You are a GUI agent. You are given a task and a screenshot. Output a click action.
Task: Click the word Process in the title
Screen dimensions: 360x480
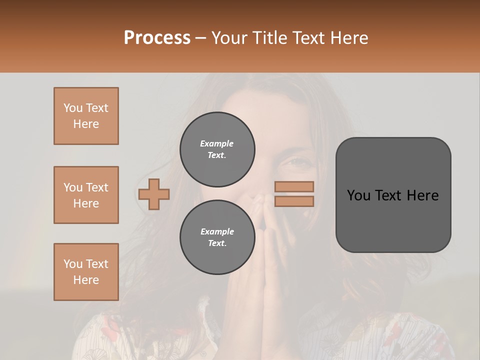pyautogui.click(x=157, y=38)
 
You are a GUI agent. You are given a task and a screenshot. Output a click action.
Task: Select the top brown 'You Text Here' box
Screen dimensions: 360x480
pyautogui.click(x=86, y=116)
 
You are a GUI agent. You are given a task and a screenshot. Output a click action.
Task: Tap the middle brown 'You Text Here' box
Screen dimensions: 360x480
pyautogui.click(x=86, y=195)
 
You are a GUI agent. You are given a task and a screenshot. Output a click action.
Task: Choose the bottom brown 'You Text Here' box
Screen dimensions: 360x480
pyautogui.click(x=86, y=272)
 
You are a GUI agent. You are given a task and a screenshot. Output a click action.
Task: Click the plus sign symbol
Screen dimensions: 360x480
pyautogui.click(x=154, y=194)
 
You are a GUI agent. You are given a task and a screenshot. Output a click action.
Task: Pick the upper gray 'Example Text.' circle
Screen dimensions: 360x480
pyautogui.click(x=217, y=149)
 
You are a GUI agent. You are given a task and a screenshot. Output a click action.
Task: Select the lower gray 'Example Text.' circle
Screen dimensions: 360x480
pyautogui.click(x=217, y=237)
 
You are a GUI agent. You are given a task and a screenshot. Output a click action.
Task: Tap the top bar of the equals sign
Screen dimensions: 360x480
pyautogui.click(x=294, y=186)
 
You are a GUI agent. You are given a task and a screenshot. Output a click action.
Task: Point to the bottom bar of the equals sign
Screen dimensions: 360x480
pyautogui.click(x=294, y=201)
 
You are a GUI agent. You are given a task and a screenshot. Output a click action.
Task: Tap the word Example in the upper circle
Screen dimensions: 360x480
pyautogui.click(x=216, y=143)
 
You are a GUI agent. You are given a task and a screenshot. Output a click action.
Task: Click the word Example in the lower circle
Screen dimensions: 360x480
pyautogui.click(x=217, y=231)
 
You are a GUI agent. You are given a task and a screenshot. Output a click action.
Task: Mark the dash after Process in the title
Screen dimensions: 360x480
pyautogui.click(x=200, y=38)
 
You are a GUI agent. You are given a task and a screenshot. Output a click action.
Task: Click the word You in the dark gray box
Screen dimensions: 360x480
pyautogui.click(x=358, y=195)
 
